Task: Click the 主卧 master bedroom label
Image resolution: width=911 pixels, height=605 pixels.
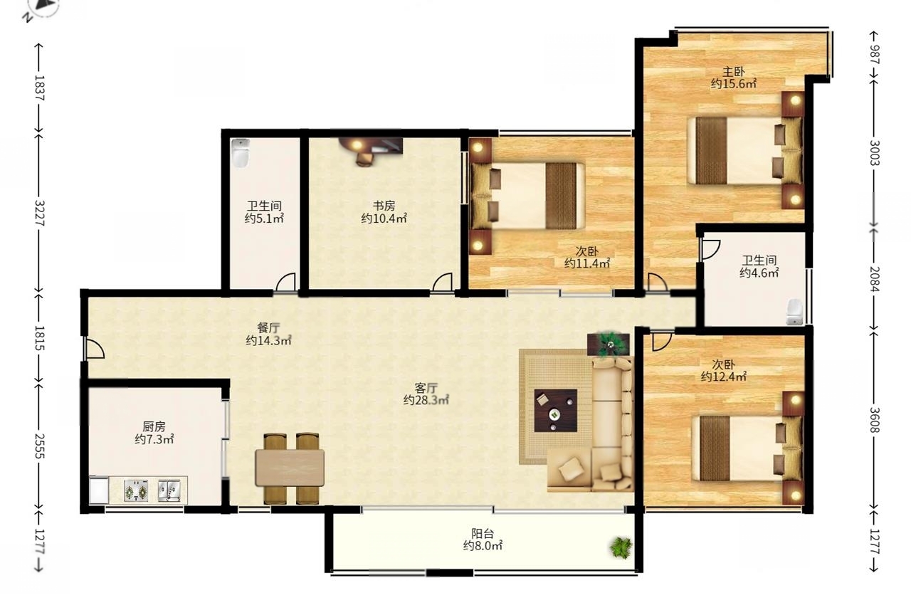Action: tap(733, 72)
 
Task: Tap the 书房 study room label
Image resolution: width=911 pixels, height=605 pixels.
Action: tap(384, 206)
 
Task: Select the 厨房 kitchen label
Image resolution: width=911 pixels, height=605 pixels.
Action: tap(154, 426)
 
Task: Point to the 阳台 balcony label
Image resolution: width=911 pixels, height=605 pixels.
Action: tap(483, 533)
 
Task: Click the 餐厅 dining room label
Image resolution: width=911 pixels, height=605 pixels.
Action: tap(268, 327)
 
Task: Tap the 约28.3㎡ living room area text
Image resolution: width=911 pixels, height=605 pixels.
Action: tap(426, 401)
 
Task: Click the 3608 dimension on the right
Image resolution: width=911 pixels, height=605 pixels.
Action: tap(875, 421)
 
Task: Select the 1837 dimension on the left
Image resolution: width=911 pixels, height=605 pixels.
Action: tap(39, 88)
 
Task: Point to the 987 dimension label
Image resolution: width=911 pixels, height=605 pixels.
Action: tap(875, 55)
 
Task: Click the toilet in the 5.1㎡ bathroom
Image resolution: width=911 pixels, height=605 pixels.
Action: tap(241, 153)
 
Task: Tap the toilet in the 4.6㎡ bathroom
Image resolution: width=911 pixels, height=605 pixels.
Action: tap(794, 312)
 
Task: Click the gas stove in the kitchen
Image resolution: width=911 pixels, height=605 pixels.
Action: tap(136, 490)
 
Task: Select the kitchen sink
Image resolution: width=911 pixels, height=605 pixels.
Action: tap(169, 490)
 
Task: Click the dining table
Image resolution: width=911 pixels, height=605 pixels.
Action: tap(290, 468)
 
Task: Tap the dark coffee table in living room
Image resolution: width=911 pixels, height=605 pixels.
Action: tap(556, 410)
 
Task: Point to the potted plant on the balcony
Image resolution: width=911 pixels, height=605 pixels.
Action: tap(621, 547)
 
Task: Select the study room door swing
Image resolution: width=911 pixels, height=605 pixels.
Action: tap(442, 282)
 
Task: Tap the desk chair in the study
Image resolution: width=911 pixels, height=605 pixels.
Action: tap(364, 159)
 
